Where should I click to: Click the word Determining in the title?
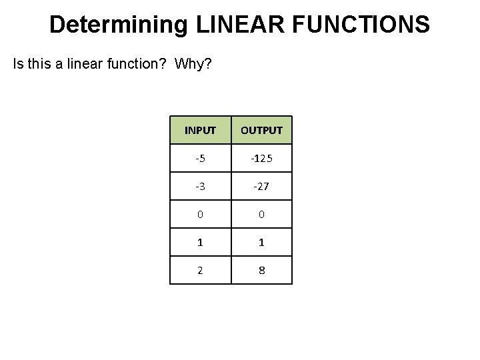click(119, 25)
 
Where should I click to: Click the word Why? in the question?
click(193, 65)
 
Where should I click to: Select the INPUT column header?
click(200, 130)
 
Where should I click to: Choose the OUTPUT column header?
click(261, 130)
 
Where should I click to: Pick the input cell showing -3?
click(200, 186)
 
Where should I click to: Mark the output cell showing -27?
click(261, 186)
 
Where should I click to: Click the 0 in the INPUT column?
click(200, 214)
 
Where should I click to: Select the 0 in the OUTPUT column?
click(261, 214)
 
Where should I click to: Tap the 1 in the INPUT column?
click(200, 243)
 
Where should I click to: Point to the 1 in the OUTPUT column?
click(261, 243)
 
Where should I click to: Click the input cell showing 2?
click(200, 270)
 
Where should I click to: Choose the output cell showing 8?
click(261, 270)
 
